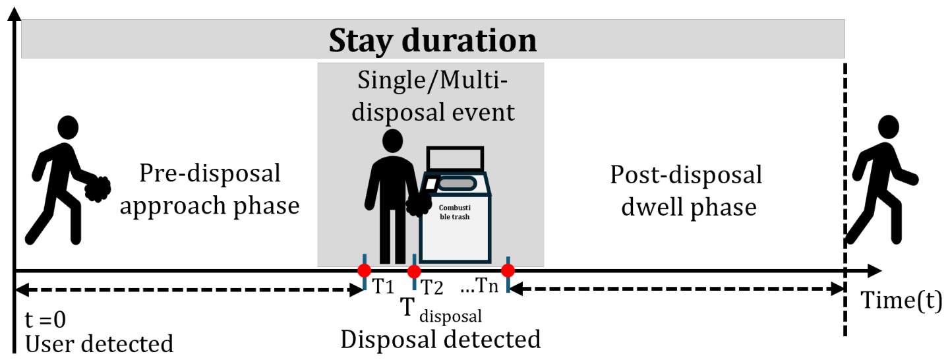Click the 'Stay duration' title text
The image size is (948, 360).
click(432, 41)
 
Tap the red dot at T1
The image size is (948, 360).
click(365, 270)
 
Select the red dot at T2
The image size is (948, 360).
click(414, 271)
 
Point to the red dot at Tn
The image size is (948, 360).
click(508, 270)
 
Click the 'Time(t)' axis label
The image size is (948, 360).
click(902, 300)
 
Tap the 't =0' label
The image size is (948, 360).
click(45, 319)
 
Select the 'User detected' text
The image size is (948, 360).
click(99, 344)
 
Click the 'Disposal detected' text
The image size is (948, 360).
click(440, 340)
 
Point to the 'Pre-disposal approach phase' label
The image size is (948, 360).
click(210, 189)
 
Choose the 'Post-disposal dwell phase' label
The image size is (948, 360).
click(686, 191)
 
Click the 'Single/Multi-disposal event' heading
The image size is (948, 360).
click(433, 96)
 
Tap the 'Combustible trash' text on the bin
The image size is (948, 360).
click(454, 212)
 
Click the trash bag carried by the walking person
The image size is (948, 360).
click(98, 189)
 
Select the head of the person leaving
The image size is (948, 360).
click(888, 127)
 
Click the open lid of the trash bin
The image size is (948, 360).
click(455, 159)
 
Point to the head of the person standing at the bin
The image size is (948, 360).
click(392, 141)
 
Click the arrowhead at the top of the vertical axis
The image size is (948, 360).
click(15, 14)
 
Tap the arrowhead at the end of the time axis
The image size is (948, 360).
click(875, 271)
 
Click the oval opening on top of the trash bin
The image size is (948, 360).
click(457, 184)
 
